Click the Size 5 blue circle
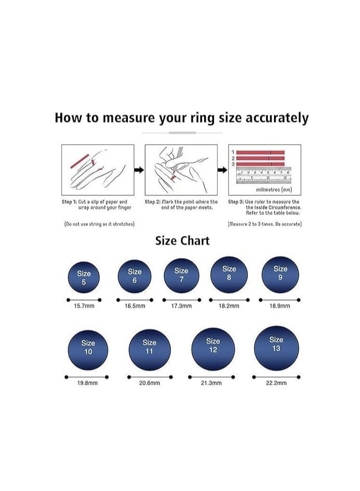click(x=83, y=277)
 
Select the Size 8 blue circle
click(x=229, y=274)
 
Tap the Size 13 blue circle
click(x=277, y=348)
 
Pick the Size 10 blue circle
click(x=88, y=350)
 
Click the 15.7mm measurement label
click(x=83, y=306)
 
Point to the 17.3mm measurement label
click(x=181, y=306)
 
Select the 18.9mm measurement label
click(x=280, y=306)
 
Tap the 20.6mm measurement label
click(x=149, y=383)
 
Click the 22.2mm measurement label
click(x=276, y=383)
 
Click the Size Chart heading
click(x=182, y=241)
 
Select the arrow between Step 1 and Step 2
click(x=139, y=170)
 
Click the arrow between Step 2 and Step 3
click(x=222, y=170)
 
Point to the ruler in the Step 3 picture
click(x=264, y=175)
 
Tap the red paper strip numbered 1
click(x=261, y=152)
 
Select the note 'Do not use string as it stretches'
click(x=99, y=224)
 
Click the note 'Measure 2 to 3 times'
click(x=265, y=224)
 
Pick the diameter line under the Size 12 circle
click(x=213, y=376)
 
